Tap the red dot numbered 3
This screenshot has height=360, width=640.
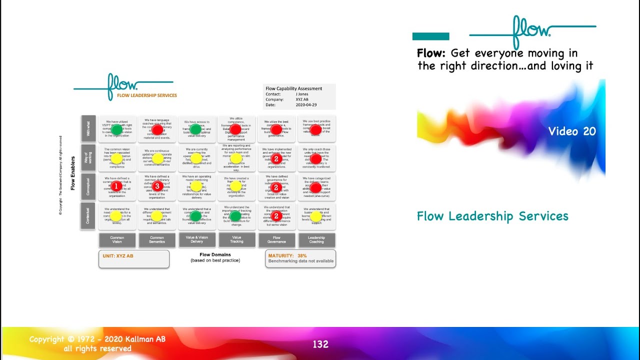157,186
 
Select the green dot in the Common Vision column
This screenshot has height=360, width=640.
116,129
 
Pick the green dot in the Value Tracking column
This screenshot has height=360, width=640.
235,216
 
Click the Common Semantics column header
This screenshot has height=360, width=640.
157,240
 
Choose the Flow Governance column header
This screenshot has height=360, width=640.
276,240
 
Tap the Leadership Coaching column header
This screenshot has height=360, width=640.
316,240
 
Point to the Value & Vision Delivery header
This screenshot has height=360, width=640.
197,240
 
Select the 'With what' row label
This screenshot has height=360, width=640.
87,129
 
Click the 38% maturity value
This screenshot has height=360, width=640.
302,255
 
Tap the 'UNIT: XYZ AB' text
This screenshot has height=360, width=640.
118,255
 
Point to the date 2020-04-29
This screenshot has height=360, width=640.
305,104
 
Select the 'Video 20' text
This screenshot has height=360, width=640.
572,131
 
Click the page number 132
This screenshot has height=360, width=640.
320,344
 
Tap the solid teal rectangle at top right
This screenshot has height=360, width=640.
430,36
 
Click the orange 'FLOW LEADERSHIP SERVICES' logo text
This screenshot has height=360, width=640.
147,95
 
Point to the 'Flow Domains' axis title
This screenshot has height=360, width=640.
215,254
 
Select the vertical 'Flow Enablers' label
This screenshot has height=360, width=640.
73,173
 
